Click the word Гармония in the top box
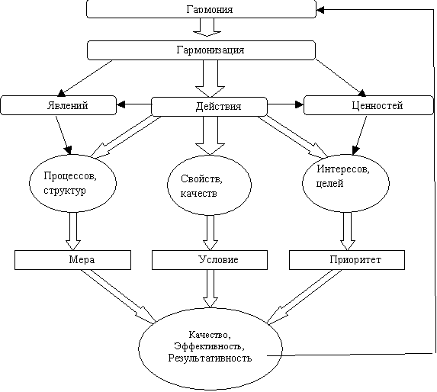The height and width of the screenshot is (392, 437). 209,9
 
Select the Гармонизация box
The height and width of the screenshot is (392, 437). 201,50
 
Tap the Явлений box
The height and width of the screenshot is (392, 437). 58,105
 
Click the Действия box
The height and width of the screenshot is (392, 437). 209,107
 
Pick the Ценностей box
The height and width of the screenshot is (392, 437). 368,105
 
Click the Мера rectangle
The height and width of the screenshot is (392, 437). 72,260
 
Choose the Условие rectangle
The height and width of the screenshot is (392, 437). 210,260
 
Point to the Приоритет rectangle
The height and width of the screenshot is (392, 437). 347,260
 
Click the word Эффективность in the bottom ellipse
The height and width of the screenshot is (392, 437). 209,346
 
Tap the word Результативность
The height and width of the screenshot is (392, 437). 210,358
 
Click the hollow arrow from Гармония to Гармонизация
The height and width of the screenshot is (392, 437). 207,27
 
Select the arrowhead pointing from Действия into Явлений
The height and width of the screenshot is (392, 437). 121,104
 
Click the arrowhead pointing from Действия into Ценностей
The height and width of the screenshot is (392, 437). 299,104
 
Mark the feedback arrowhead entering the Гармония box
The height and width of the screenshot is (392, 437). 320,10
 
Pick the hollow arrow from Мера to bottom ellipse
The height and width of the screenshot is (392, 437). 118,296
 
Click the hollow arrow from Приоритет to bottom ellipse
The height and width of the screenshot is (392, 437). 304,296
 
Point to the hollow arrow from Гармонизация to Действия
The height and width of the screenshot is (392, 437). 210,79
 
